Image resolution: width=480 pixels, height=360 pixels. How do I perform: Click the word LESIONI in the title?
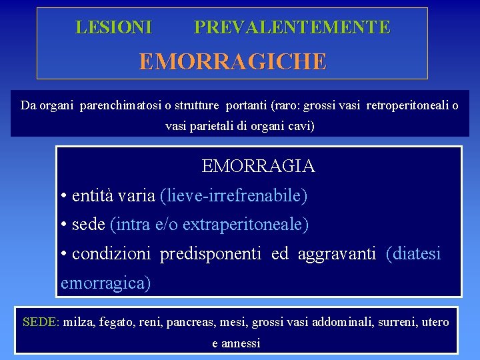click(x=114, y=27)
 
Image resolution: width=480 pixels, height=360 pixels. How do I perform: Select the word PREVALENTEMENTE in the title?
click(x=292, y=27)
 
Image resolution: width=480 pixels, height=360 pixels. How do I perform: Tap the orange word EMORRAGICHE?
click(x=233, y=62)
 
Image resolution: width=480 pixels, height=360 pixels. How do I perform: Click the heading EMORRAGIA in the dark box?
click(x=259, y=166)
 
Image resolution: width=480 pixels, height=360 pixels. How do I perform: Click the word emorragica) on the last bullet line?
click(x=106, y=283)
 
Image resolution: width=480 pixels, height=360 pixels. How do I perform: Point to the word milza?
click(x=78, y=323)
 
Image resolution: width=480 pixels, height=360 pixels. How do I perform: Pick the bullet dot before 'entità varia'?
click(x=63, y=197)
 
